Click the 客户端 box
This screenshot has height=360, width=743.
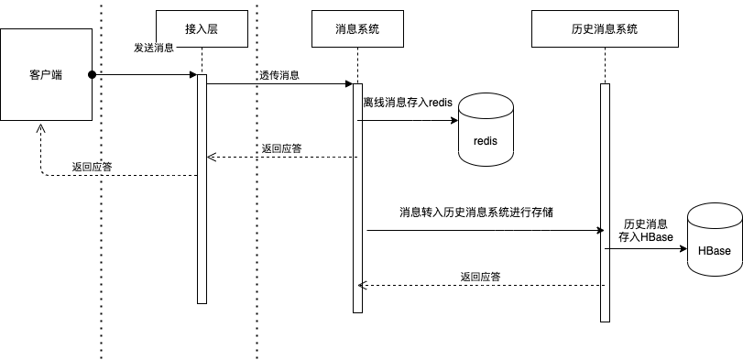point(46,74)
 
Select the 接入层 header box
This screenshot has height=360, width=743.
point(202,28)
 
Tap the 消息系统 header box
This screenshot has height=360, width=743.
point(357,28)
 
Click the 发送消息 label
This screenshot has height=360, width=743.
point(153,47)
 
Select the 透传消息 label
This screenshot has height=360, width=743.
point(279,75)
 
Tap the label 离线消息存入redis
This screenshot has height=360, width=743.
point(408,104)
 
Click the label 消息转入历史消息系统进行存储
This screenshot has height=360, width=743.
point(475,213)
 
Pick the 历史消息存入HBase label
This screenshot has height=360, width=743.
point(645,231)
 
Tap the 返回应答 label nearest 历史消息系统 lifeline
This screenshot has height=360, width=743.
point(480,276)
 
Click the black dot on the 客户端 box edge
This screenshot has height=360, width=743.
point(92,74)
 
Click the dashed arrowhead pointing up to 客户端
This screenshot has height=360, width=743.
point(40,128)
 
